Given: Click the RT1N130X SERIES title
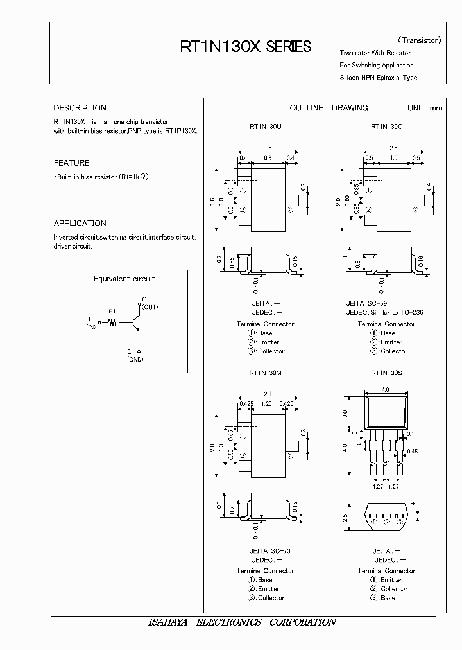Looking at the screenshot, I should (x=245, y=47).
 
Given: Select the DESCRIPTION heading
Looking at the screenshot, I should (x=80, y=108).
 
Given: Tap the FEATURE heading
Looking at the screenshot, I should (x=71, y=163).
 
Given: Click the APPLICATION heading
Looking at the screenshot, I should (x=80, y=224).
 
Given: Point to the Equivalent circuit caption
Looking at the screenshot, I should (x=124, y=279).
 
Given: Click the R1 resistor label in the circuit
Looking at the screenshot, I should (x=112, y=312).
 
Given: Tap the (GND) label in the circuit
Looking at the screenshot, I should (x=135, y=360).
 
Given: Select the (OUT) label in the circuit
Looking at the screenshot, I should (x=150, y=307).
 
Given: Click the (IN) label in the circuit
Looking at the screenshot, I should (x=90, y=327).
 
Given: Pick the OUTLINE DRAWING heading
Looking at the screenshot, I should (x=329, y=108).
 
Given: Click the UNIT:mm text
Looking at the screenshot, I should (x=425, y=108).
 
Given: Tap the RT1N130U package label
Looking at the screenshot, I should (x=265, y=127).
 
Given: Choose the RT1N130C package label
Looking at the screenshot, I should (x=386, y=127).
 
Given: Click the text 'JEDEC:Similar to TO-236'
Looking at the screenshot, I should (x=384, y=312).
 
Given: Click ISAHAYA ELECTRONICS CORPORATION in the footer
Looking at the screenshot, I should (x=242, y=622).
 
